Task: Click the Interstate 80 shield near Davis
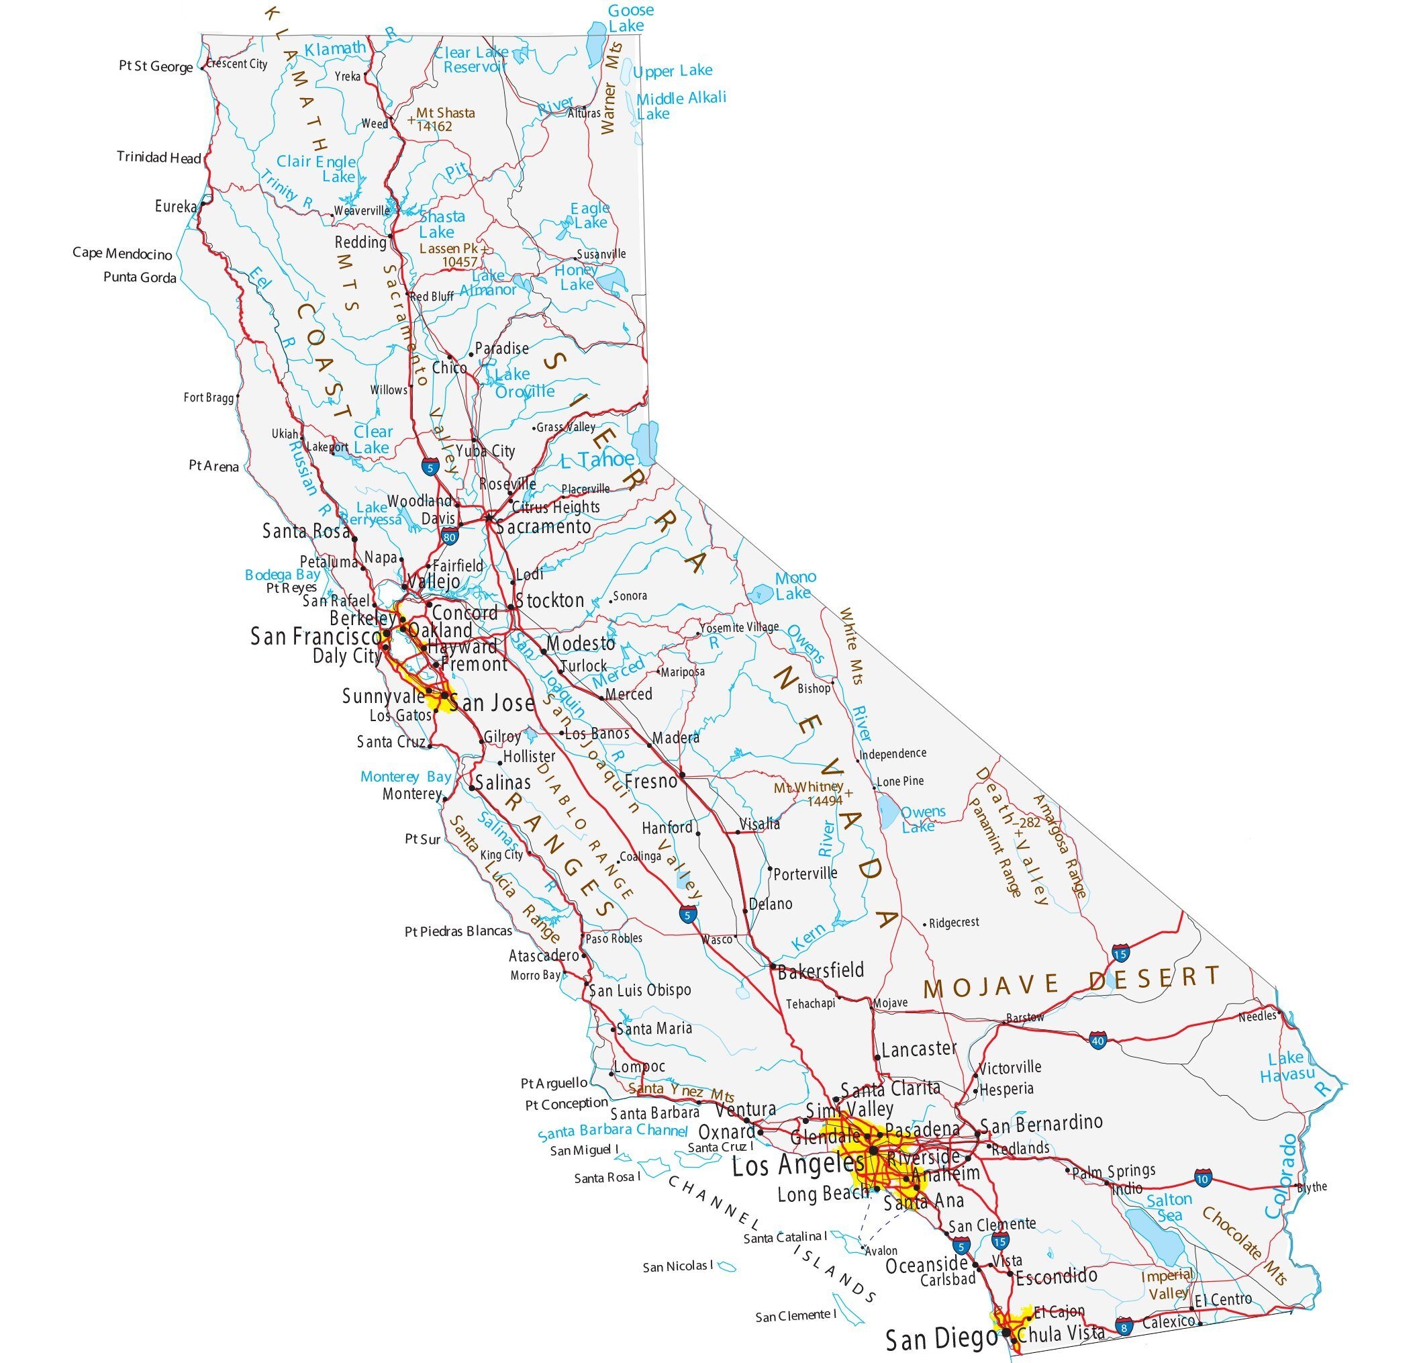(449, 537)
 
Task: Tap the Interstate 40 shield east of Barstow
(1097, 1041)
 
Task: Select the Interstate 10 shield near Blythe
(1204, 1177)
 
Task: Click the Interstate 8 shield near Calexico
(1124, 1326)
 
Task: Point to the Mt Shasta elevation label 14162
(434, 126)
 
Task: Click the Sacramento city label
(544, 526)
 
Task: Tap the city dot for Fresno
(682, 775)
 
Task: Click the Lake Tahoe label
(597, 459)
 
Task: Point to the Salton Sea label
(1169, 1207)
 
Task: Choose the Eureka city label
(175, 206)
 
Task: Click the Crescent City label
(237, 64)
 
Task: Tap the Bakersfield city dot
(773, 966)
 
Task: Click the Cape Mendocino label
(121, 254)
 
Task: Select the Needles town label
(1257, 1016)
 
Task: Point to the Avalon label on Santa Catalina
(881, 1251)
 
